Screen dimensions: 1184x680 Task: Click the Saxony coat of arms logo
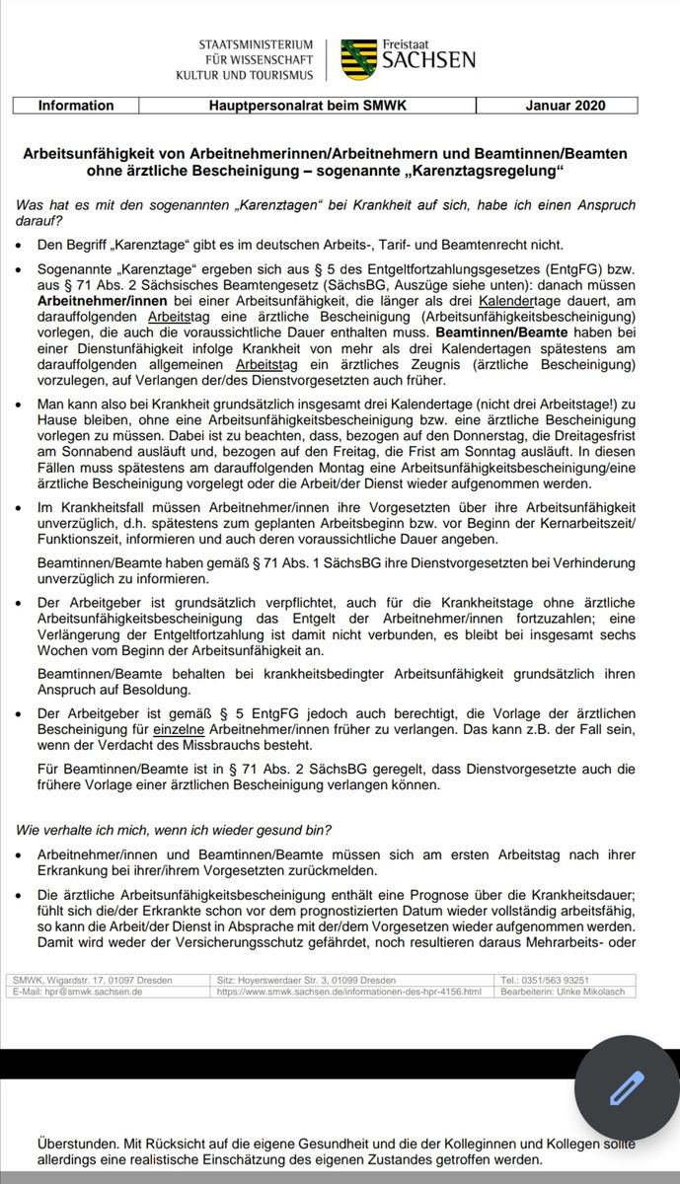coord(359,60)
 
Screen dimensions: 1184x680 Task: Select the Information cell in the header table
coord(76,106)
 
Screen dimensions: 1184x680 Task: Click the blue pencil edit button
coord(627,1087)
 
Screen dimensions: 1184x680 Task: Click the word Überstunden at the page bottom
coord(76,1143)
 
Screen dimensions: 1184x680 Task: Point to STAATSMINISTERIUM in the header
coord(257,45)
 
